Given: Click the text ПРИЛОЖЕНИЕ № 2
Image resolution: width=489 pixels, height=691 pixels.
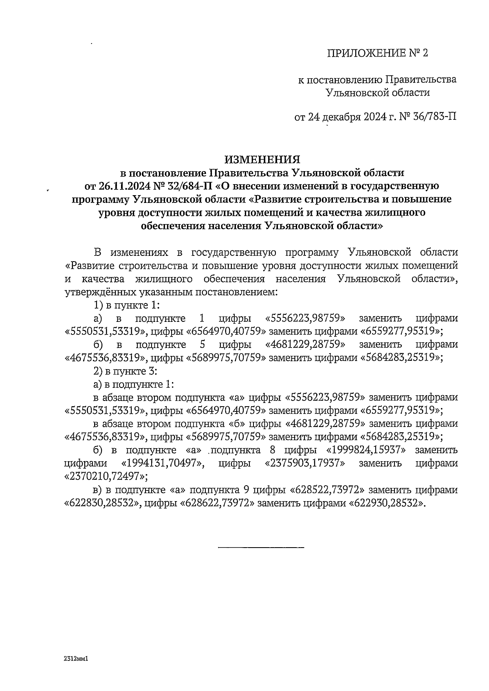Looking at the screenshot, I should click(x=378, y=53).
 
